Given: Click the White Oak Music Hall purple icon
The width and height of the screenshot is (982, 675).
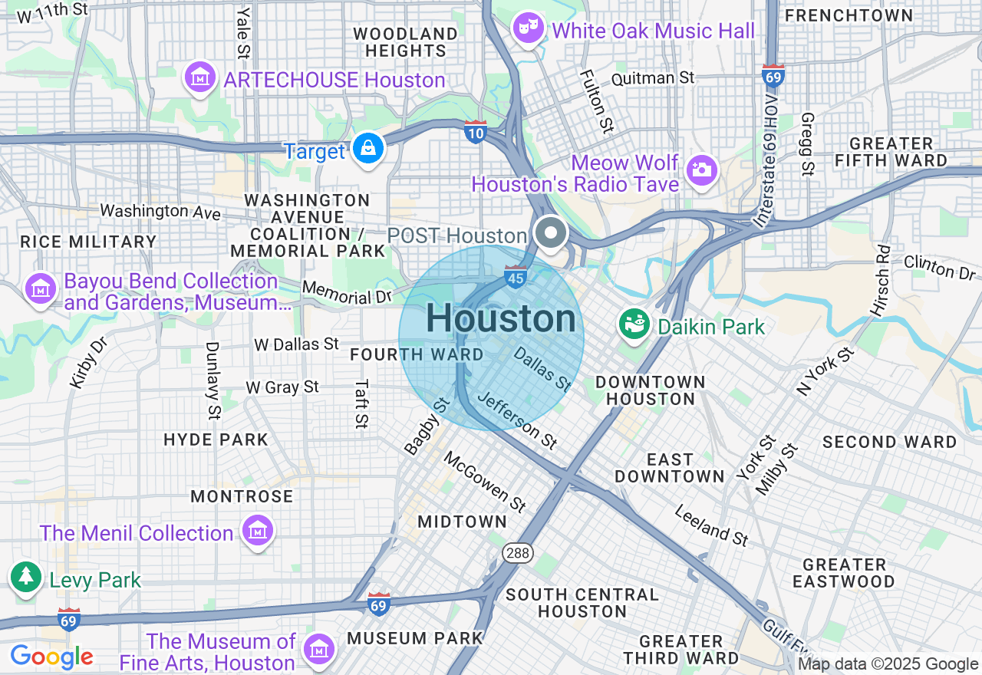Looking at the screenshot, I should pos(529,28).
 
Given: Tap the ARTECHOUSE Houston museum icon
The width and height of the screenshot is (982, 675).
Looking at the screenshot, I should pos(201,77).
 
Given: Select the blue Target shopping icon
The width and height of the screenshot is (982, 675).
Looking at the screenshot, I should pos(368,148).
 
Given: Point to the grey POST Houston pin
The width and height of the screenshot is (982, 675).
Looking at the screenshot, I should pos(550,234).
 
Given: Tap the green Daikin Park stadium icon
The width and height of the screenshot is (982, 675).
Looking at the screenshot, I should pos(634,324).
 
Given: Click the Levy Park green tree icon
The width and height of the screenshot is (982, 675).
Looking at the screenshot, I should pos(26,578).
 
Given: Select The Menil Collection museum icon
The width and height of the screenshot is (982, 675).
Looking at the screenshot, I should pos(257,530).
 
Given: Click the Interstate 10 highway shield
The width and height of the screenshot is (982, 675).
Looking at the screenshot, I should pos(476,133).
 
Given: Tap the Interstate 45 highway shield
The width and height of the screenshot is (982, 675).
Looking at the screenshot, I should pos(515,278).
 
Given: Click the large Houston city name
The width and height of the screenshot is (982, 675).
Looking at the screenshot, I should pos(501,318).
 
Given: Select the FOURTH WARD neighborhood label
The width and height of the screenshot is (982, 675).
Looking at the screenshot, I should pos(417,354).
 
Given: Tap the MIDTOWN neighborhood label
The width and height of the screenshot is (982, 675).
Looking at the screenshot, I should pos(462,522).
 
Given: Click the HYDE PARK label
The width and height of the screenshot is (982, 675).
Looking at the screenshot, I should pos(216,440).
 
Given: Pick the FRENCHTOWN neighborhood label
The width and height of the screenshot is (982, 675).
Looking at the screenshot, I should pos(849,15).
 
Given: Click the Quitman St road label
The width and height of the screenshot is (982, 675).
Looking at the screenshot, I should pos(653,78).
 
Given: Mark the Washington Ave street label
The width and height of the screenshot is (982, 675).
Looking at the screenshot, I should pos(160,211).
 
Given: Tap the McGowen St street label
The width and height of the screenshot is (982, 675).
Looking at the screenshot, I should pos(486,482).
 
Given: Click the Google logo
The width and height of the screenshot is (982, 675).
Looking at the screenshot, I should pos(51,657).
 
